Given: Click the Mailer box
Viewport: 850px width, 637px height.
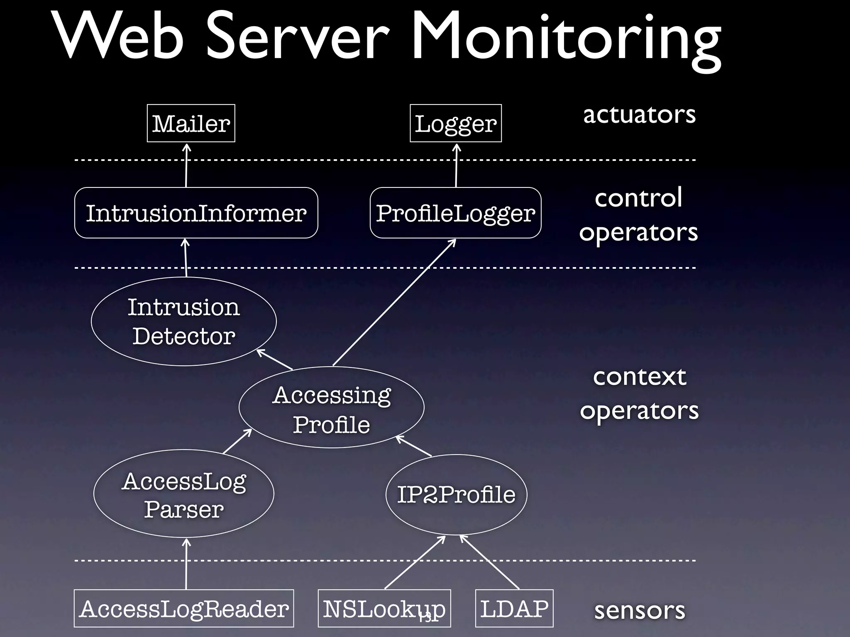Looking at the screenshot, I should pos(191,123).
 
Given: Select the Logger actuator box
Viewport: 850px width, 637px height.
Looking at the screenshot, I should pos(455,123).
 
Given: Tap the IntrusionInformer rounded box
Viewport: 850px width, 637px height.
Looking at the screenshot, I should pos(196,213).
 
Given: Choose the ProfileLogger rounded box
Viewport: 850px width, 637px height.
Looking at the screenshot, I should pos(455,213).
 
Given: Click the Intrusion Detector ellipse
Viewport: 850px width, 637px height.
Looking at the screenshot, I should pos(183,321).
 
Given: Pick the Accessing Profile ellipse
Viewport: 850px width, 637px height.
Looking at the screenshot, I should pos(331,407).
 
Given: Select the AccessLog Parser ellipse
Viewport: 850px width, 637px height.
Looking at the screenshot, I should pos(183,494).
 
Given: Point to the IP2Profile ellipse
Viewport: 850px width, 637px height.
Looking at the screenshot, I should pos(456,494).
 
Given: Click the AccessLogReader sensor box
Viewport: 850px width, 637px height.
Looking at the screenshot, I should pos(183,608).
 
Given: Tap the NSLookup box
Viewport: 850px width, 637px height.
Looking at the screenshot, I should pos(384,608).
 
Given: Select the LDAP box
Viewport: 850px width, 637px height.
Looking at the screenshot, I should pos(514,608).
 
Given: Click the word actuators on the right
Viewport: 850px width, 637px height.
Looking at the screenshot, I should pos(639,114).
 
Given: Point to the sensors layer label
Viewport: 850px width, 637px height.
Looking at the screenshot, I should pos(639,610).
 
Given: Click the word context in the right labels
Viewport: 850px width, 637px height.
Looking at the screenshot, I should pos(639,377).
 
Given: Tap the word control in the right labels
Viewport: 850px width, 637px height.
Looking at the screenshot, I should pos(638,197).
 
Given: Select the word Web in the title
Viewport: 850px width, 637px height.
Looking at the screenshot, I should pos(118,37).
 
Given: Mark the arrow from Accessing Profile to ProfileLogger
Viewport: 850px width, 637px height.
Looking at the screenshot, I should pos(394,303).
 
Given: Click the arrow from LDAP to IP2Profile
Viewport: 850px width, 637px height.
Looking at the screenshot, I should pos(490,562).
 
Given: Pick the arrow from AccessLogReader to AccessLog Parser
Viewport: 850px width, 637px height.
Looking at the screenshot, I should pos(186,564).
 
